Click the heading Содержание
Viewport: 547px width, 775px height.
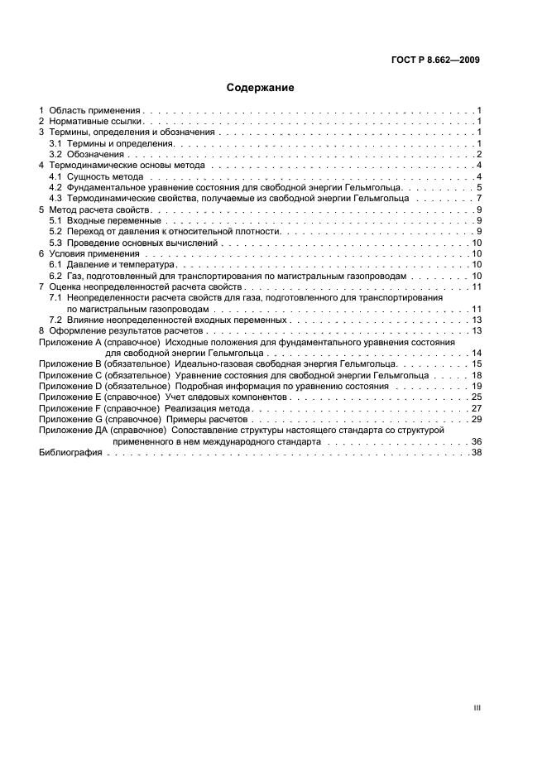point(261,87)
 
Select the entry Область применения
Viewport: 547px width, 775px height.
point(95,110)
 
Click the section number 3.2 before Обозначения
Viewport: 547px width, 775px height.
point(55,154)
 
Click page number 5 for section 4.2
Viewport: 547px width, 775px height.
point(479,188)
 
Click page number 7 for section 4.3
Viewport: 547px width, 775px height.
point(479,199)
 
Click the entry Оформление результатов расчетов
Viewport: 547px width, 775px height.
point(120,331)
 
